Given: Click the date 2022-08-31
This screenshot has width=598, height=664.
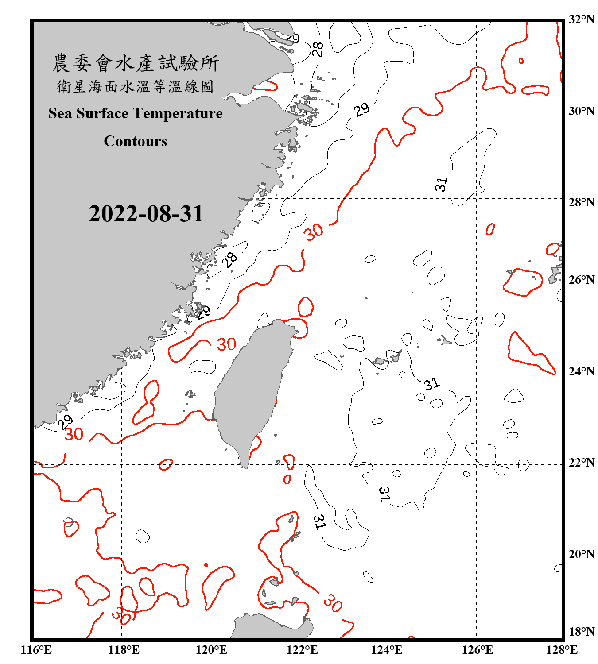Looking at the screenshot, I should (146, 214).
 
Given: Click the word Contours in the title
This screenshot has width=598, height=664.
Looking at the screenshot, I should (136, 141).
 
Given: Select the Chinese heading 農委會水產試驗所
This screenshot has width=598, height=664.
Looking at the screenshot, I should (136, 63).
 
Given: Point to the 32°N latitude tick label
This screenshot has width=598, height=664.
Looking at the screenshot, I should (581, 19).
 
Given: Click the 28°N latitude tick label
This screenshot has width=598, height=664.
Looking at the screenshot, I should (581, 202).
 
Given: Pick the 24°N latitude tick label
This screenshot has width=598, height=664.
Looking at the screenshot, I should (581, 371).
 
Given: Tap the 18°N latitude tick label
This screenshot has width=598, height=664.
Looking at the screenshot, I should (581, 632).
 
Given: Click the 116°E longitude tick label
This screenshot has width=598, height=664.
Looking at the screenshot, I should (36, 650).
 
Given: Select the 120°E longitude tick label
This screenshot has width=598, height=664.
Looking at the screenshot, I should (211, 650).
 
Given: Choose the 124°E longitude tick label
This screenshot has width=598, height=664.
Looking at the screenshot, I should (387, 650).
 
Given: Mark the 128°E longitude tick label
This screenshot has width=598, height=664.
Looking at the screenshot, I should (562, 650).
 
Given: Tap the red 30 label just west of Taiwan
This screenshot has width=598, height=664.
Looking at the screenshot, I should (226, 344).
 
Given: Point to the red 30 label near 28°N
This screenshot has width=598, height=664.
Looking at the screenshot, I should (314, 232).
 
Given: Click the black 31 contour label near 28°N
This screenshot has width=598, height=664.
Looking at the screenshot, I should (441, 184).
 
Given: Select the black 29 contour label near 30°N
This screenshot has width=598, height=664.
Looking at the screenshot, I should (362, 109).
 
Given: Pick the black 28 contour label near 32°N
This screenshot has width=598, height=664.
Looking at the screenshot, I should (317, 49).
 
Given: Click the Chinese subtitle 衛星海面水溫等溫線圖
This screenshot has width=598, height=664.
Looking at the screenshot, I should (136, 86).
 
